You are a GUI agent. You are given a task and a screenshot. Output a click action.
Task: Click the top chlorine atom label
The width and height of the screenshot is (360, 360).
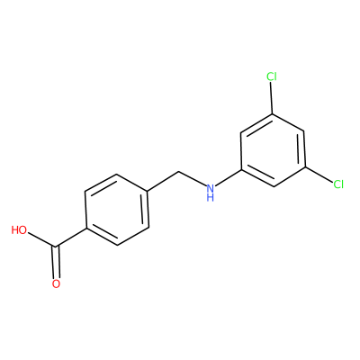point(272,76)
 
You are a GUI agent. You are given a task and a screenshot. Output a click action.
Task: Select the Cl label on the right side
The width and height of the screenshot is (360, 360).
point(338,184)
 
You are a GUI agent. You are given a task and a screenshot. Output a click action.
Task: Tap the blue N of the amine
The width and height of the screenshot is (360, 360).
point(211,188)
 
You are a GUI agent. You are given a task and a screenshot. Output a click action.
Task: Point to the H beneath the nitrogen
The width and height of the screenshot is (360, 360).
point(211,198)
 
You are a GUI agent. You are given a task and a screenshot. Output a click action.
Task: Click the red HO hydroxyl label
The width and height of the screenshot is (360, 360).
point(19,230)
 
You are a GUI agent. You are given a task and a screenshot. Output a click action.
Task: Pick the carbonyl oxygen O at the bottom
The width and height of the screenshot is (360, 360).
point(56,283)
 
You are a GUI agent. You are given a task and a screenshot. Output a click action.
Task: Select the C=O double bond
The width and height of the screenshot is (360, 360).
point(56,263)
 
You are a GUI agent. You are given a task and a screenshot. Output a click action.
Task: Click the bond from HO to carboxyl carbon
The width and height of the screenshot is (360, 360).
point(41,239)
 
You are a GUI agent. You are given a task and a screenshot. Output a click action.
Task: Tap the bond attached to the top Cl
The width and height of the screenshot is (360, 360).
point(272,98)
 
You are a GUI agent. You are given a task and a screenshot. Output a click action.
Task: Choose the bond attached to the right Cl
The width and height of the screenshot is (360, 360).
point(319,175)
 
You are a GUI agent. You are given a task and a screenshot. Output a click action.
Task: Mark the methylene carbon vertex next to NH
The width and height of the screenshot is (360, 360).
point(179,172)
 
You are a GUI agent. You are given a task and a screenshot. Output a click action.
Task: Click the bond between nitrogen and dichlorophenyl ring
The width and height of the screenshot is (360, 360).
point(229,177)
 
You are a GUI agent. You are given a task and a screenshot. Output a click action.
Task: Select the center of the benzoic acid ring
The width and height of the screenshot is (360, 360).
point(117,210)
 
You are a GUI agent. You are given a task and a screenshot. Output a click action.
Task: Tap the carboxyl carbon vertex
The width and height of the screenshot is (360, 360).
point(56,247)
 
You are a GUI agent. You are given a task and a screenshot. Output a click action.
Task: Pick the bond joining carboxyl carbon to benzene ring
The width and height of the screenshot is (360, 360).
point(71,238)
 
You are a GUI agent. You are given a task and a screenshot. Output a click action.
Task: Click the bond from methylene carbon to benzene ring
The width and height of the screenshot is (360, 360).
point(163,182)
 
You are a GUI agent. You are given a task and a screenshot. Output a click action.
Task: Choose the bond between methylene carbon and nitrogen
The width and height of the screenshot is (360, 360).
point(193,179)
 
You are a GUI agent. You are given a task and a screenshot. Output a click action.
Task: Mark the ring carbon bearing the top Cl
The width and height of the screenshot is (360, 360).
point(273,113)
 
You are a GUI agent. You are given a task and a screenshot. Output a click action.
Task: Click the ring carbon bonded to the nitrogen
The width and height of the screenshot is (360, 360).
point(242,169)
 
